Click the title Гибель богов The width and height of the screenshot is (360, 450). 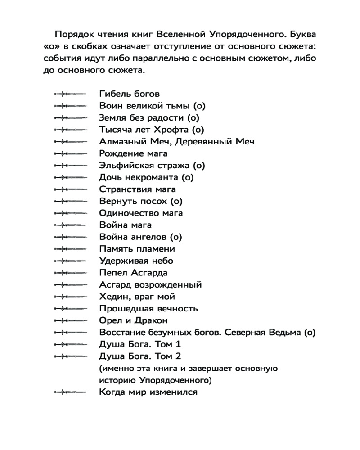click(x=129, y=94)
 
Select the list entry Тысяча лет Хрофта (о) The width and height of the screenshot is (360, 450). click(x=152, y=130)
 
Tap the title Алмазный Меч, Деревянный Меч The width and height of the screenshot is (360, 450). click(x=176, y=142)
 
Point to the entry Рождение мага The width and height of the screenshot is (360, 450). click(x=133, y=153)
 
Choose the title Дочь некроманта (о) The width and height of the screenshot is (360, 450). click(x=146, y=177)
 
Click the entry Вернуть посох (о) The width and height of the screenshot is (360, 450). click(x=141, y=201)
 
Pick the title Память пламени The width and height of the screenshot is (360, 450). click(x=137, y=249)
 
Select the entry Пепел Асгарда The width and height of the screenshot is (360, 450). click(x=133, y=273)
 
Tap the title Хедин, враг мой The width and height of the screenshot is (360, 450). click(x=137, y=297)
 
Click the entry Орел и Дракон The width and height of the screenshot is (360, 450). click(x=133, y=320)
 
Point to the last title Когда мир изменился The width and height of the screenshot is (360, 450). click(x=148, y=392)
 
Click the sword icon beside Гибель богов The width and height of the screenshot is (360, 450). click(x=70, y=94)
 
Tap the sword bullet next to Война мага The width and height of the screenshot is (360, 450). click(x=70, y=225)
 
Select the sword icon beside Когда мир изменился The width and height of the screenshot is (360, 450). click(x=70, y=392)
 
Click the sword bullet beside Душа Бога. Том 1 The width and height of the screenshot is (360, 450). click(x=70, y=344)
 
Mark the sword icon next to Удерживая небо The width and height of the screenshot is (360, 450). click(x=70, y=261)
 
